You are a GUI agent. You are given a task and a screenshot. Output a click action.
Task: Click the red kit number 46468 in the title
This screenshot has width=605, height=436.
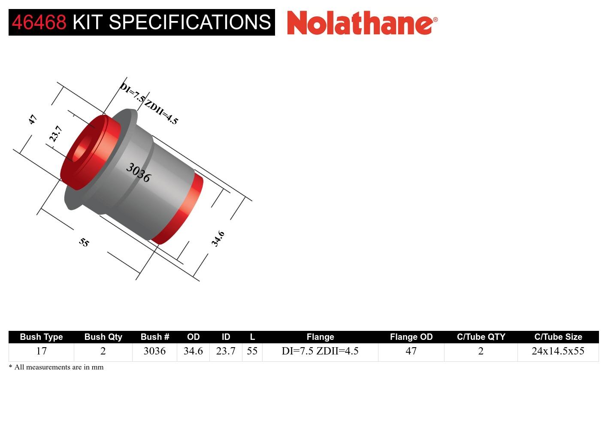(x=39, y=22)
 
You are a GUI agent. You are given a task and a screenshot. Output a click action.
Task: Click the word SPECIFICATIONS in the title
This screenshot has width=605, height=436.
(x=190, y=22)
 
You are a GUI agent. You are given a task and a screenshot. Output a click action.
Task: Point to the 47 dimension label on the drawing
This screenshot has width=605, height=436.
(x=33, y=119)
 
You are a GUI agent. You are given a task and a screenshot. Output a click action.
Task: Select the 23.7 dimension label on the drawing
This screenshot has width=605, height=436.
(x=56, y=134)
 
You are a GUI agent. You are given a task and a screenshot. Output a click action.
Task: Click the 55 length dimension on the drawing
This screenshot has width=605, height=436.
(x=84, y=242)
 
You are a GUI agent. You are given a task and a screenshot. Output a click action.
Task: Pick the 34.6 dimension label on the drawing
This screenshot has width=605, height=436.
(x=218, y=239)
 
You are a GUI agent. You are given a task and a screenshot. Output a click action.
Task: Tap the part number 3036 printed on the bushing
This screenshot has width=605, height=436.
(x=138, y=173)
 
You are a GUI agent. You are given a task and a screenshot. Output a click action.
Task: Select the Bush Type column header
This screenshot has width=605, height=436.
(x=41, y=337)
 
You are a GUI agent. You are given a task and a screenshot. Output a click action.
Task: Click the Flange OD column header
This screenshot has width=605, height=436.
(x=411, y=337)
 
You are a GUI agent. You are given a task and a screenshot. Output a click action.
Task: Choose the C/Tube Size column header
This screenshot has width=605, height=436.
(x=558, y=337)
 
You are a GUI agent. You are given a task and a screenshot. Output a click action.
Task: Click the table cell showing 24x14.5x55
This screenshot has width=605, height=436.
(x=558, y=351)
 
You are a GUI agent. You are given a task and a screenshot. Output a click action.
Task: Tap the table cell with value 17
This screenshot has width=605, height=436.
(x=41, y=351)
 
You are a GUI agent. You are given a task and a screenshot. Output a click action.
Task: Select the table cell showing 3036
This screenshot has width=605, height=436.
(x=154, y=351)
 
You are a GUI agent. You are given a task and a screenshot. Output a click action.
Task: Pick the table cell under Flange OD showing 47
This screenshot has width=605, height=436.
(x=411, y=351)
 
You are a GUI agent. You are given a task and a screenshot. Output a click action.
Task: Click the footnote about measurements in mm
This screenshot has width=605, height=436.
(x=56, y=367)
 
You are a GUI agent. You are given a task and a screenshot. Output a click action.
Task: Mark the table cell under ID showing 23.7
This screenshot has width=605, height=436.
(x=226, y=351)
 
